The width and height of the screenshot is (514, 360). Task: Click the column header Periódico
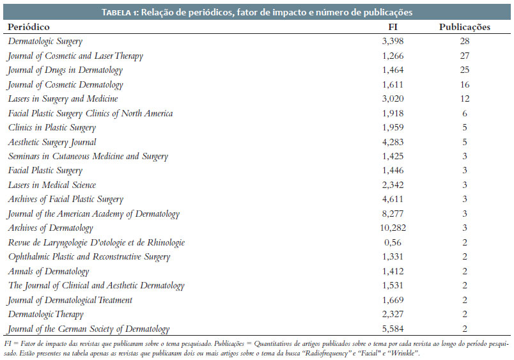point(29,27)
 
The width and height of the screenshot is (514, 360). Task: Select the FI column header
point(393,27)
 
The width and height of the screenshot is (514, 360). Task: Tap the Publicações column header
point(465,27)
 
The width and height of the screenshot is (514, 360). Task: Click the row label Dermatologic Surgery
point(45,42)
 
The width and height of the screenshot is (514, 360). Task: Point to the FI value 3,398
point(393,42)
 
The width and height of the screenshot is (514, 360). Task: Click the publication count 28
point(465,41)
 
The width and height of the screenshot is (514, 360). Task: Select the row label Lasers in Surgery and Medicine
point(63,99)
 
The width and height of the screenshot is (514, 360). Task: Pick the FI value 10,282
point(393,228)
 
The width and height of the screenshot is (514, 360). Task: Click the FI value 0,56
point(393,242)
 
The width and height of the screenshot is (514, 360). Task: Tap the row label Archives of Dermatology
point(51,228)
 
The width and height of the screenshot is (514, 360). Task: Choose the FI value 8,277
point(393,214)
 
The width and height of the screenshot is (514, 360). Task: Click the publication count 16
point(465,84)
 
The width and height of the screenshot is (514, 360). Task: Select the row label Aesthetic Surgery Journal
point(52,143)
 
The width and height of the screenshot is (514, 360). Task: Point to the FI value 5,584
point(393,329)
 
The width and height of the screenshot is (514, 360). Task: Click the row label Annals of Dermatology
point(49,272)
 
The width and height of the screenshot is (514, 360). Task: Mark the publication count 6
point(465,113)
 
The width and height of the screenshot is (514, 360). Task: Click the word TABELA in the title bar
point(116,13)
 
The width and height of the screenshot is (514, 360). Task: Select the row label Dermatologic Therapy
point(46,315)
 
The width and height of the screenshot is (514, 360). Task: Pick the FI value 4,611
point(393,200)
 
